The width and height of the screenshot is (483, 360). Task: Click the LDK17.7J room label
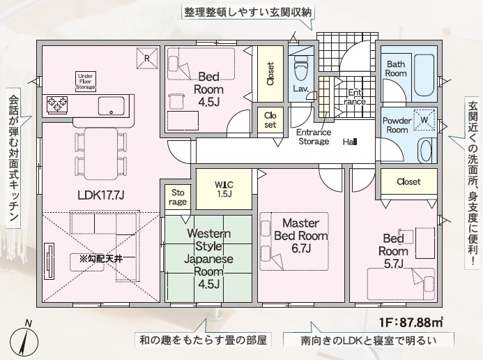click(x=101, y=195)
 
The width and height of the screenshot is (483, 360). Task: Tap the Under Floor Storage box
click(x=85, y=82)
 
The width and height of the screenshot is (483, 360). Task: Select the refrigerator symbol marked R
click(x=147, y=58)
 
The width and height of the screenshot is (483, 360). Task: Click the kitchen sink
click(x=112, y=106)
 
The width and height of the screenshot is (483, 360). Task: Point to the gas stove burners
click(x=57, y=104)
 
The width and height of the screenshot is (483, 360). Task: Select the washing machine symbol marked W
click(x=424, y=120)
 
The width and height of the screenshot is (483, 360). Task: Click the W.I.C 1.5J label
click(x=224, y=189)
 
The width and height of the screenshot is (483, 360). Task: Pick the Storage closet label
click(x=178, y=197)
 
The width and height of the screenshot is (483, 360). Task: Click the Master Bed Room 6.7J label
click(x=301, y=236)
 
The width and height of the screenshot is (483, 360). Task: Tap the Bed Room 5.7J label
click(x=393, y=251)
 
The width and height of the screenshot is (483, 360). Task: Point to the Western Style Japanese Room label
click(x=208, y=259)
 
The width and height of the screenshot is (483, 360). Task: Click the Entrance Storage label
click(x=314, y=137)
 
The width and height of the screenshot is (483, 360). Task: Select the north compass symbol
click(x=24, y=340)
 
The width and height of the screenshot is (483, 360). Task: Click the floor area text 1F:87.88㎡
click(x=411, y=323)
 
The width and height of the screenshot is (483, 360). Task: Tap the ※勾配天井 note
click(x=101, y=259)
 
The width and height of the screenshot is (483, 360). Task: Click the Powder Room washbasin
click(x=427, y=151)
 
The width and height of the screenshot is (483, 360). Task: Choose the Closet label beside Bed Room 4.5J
click(x=270, y=74)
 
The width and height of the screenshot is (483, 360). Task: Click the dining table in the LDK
click(x=101, y=153)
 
